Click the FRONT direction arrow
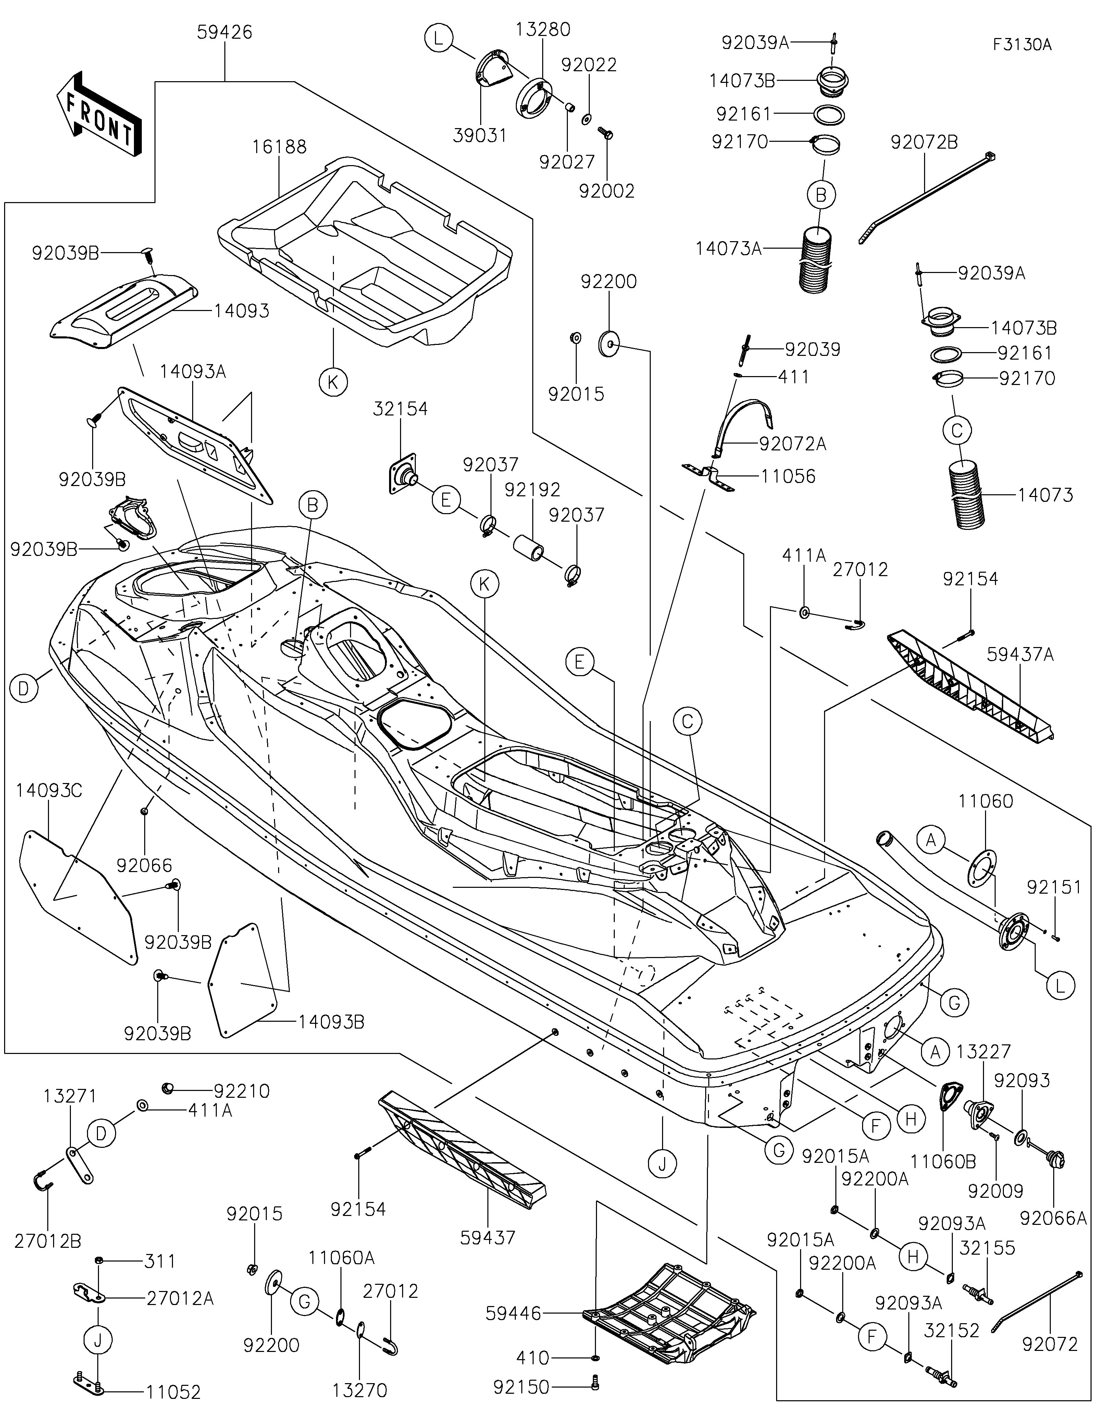point(99,112)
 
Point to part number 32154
point(400,409)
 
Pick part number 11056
point(788,476)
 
